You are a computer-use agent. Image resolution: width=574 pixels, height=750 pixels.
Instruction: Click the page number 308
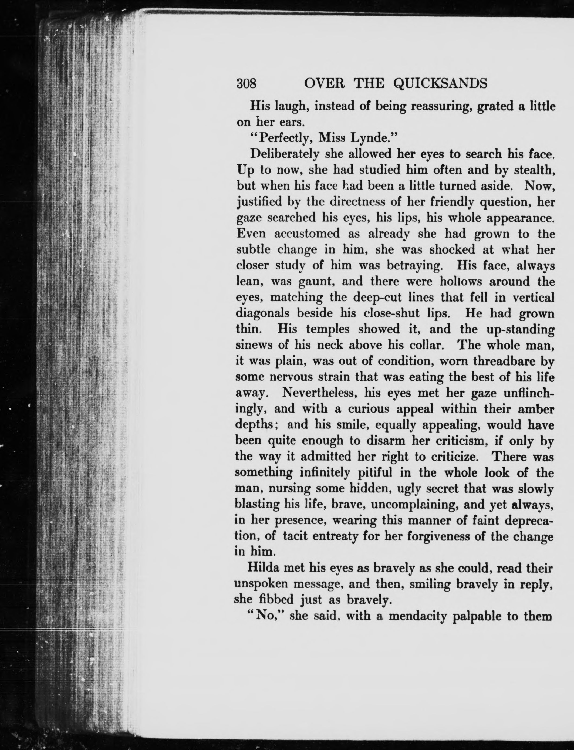(x=247, y=83)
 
